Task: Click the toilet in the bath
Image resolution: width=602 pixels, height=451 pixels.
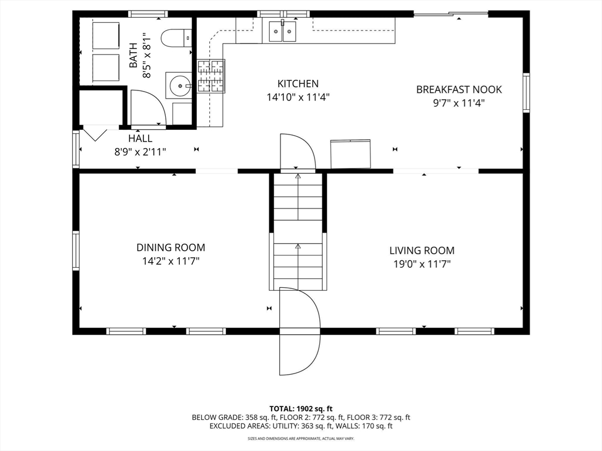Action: (176, 38)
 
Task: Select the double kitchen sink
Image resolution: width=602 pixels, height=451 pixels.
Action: (283, 31)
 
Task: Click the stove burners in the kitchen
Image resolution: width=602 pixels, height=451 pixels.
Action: (211, 76)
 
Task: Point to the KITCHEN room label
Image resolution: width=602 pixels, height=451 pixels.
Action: (298, 83)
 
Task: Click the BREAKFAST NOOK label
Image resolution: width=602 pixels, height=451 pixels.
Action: (459, 89)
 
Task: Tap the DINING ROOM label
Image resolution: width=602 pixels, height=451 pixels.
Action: (171, 247)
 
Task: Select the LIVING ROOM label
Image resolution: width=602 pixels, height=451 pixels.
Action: (422, 250)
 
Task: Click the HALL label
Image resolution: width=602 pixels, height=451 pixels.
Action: (140, 138)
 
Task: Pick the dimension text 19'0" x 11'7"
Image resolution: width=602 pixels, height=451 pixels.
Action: (422, 264)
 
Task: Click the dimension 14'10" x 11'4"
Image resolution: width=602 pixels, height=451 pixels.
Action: (298, 97)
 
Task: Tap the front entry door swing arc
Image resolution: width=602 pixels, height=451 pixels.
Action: (300, 331)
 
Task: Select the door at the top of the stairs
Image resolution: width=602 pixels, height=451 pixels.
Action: (298, 152)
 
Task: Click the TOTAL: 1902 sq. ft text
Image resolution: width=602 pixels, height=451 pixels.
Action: (300, 409)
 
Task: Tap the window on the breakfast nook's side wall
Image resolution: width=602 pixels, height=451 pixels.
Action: (526, 92)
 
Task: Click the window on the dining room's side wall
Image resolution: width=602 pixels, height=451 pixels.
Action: (76, 251)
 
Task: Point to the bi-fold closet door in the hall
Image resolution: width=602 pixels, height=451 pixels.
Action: (95, 134)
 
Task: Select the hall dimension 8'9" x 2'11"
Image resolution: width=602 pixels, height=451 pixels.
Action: (140, 152)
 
